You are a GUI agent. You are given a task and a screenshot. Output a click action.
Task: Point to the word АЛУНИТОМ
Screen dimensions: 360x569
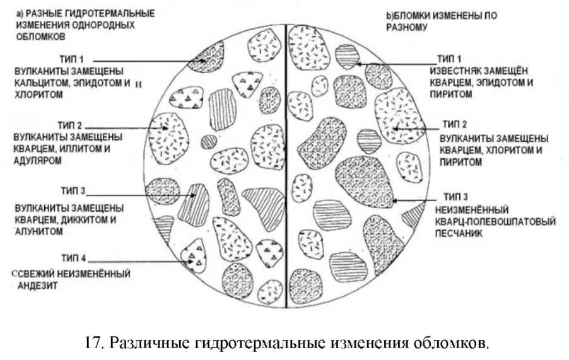37,231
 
